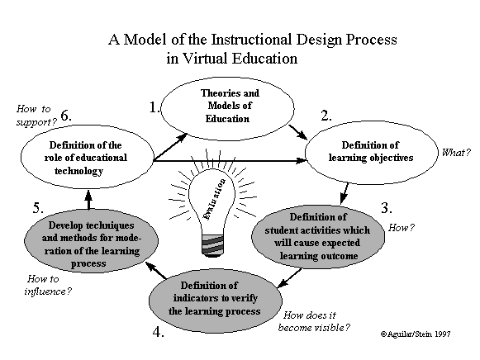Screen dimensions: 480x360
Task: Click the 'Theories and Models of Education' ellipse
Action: (x=227, y=109)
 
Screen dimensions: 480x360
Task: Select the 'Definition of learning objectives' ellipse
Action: (x=372, y=152)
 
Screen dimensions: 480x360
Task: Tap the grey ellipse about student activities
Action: (x=318, y=236)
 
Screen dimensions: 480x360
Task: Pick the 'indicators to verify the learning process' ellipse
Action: (x=216, y=300)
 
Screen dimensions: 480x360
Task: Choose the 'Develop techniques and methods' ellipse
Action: (x=91, y=241)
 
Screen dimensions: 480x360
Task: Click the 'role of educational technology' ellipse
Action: (x=88, y=157)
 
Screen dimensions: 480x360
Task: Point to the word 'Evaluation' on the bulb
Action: (x=215, y=199)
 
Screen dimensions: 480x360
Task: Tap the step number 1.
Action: (x=154, y=107)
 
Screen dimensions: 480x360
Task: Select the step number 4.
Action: (x=158, y=332)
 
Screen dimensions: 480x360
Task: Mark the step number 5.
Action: (x=38, y=208)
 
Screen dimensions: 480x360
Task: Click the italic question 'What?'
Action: (x=456, y=152)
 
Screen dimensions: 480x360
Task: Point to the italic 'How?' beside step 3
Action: (x=402, y=228)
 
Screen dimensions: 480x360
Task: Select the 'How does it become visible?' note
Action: (x=314, y=321)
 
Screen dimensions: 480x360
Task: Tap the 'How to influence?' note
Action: (x=48, y=285)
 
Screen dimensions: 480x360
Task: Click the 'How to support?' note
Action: (x=36, y=116)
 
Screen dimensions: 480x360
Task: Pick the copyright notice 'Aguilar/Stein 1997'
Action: (x=416, y=334)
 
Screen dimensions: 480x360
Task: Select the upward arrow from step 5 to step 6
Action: (x=88, y=200)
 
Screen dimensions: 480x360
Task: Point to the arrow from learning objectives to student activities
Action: (x=345, y=193)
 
